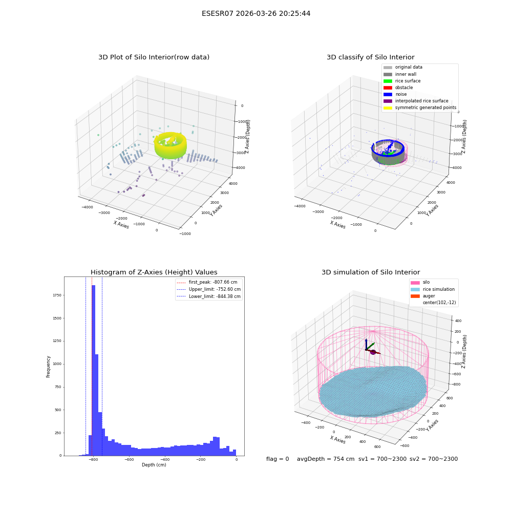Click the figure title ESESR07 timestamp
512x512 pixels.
pyautogui.click(x=256, y=13)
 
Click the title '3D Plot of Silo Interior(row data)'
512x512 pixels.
pyautogui.click(x=154, y=57)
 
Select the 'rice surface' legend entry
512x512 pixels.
pyautogui.click(x=402, y=81)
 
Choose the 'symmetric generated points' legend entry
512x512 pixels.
pyautogui.click(x=420, y=108)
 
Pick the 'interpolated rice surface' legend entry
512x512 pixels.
pyautogui.click(x=416, y=101)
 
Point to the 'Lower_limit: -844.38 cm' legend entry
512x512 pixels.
pyautogui.click(x=209, y=296)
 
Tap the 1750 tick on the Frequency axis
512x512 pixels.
pyautogui.click(x=57, y=295)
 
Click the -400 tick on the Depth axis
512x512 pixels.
pyautogui.click(x=165, y=459)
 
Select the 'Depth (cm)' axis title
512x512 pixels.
pyautogui.click(x=154, y=465)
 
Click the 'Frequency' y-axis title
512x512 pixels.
pyautogui.click(x=48, y=367)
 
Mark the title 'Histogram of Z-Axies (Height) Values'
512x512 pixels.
pyautogui.click(x=154, y=272)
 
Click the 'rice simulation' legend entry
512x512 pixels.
pyautogui.click(x=433, y=289)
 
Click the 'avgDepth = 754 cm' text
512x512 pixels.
pyautogui.click(x=326, y=459)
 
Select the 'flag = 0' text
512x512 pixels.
pyautogui.click(x=278, y=459)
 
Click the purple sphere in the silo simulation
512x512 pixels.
pyautogui.click(x=373, y=352)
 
